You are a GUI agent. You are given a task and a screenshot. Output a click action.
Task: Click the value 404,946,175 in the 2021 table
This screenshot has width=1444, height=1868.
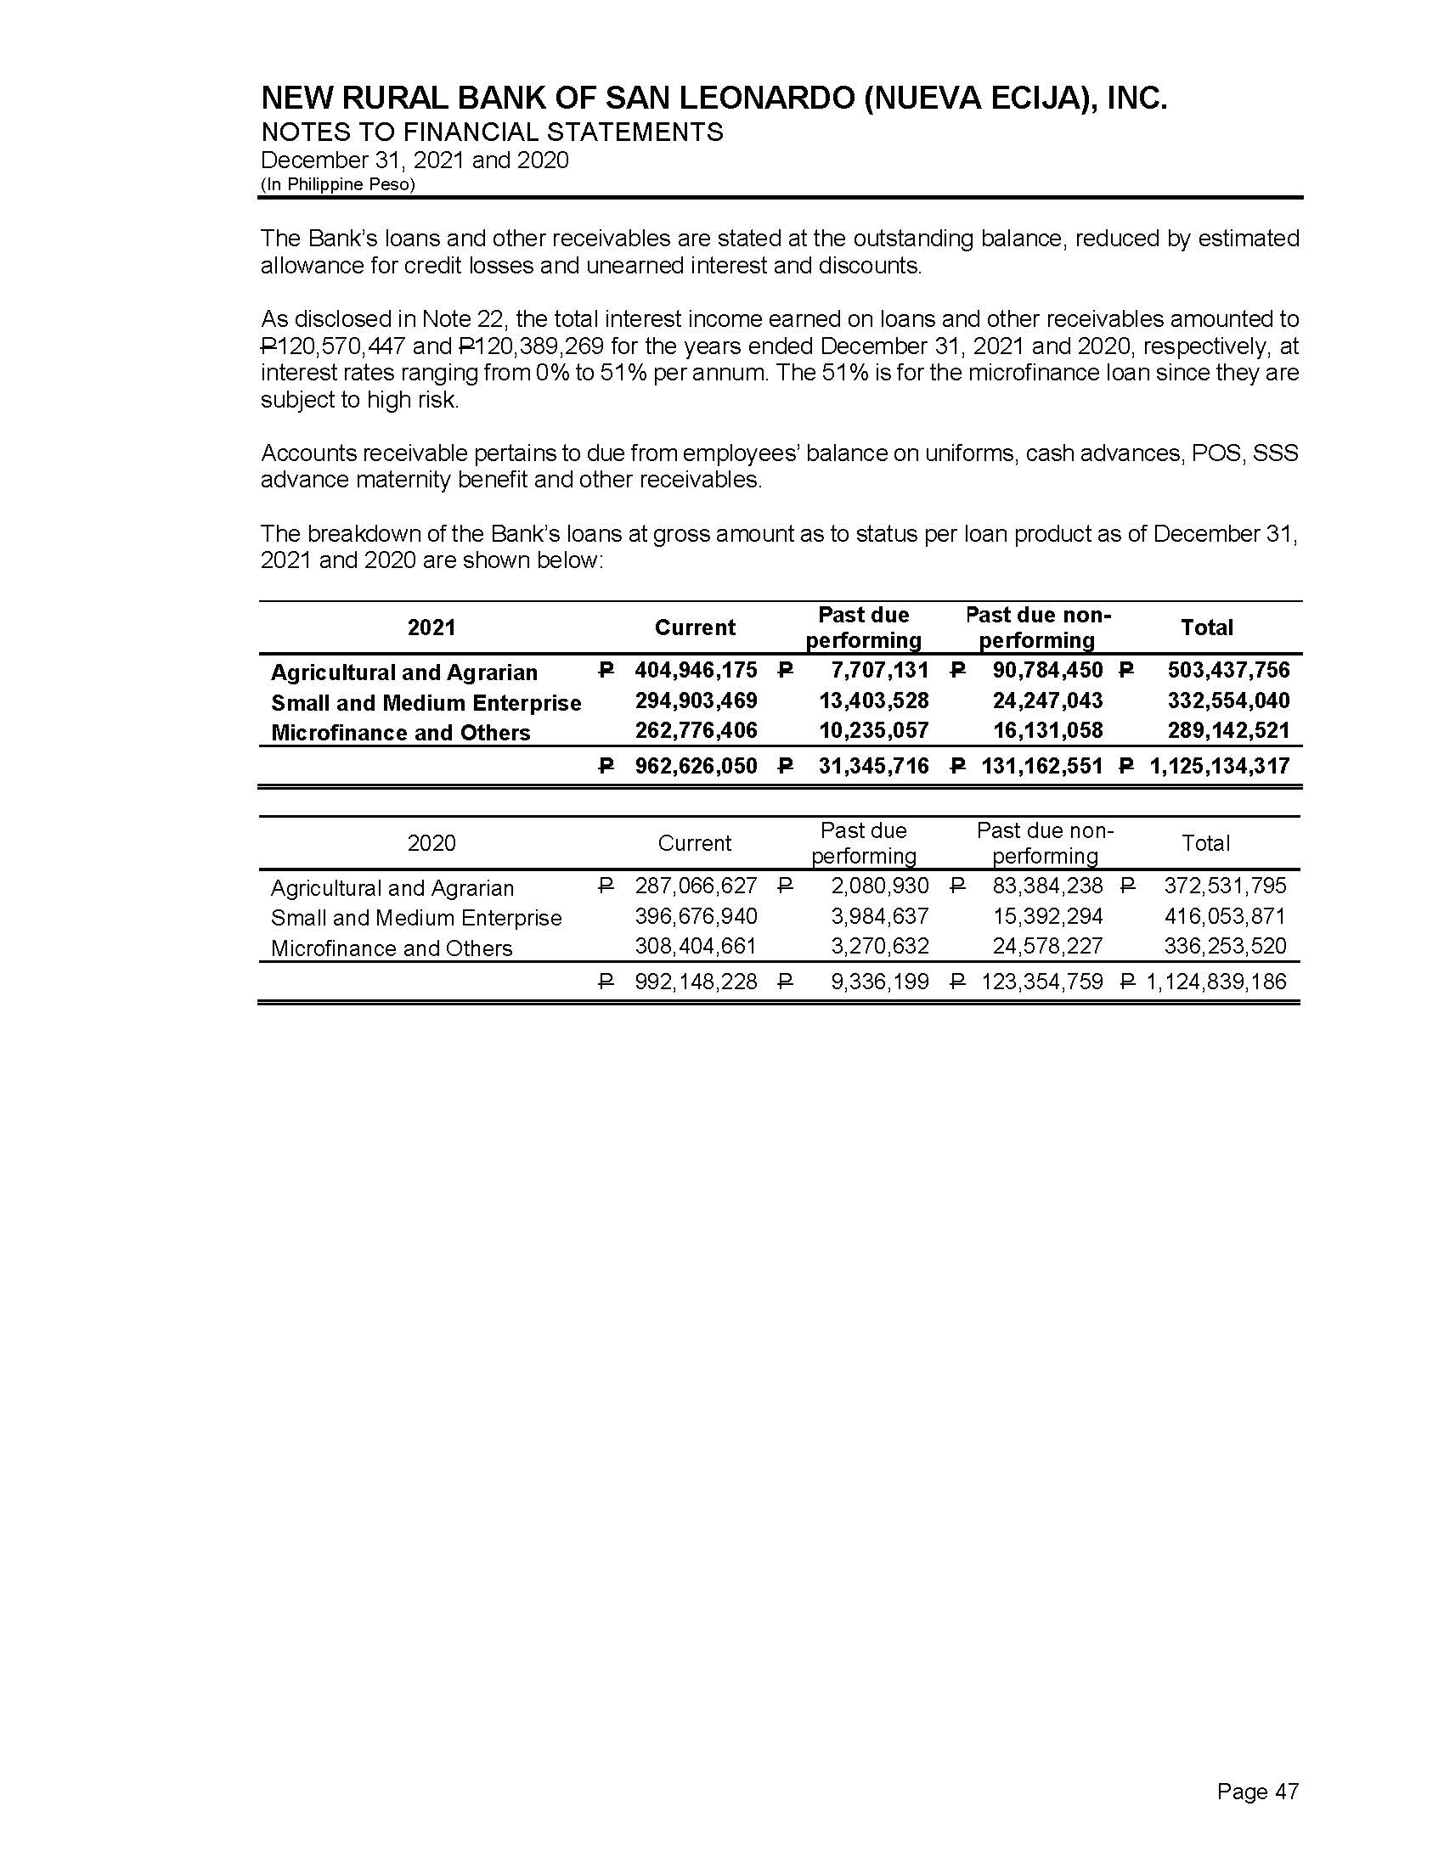[x=696, y=671]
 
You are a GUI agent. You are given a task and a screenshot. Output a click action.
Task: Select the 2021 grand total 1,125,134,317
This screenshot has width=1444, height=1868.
[x=1219, y=766]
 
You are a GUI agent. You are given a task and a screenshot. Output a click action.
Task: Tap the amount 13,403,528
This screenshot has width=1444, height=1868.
[x=873, y=701]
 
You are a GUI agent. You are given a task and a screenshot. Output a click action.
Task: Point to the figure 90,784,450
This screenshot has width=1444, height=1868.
[x=1047, y=671]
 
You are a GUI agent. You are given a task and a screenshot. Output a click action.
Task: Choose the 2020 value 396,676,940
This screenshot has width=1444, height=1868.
[x=696, y=917]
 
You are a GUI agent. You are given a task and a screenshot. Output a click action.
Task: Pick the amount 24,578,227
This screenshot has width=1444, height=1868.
[x=1047, y=947]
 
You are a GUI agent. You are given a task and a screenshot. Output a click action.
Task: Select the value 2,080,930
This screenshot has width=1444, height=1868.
[x=879, y=886]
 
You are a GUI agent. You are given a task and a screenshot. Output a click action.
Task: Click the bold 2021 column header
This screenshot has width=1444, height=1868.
[x=432, y=627]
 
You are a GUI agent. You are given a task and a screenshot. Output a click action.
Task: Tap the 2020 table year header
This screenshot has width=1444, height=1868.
[x=432, y=843]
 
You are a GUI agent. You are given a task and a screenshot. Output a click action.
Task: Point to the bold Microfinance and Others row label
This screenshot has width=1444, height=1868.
[x=400, y=733]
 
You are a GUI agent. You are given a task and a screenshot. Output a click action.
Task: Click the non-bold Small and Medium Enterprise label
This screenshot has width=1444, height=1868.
[x=415, y=918]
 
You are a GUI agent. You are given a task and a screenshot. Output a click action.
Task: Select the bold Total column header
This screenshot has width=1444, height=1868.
[x=1206, y=627]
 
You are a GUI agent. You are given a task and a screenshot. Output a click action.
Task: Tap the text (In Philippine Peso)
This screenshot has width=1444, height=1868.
[x=337, y=185]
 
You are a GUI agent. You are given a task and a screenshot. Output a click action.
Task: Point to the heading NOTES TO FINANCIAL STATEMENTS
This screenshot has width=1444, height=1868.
[x=492, y=132]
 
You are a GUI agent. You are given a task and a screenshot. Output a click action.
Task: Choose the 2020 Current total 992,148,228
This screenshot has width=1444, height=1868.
[x=696, y=981]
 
